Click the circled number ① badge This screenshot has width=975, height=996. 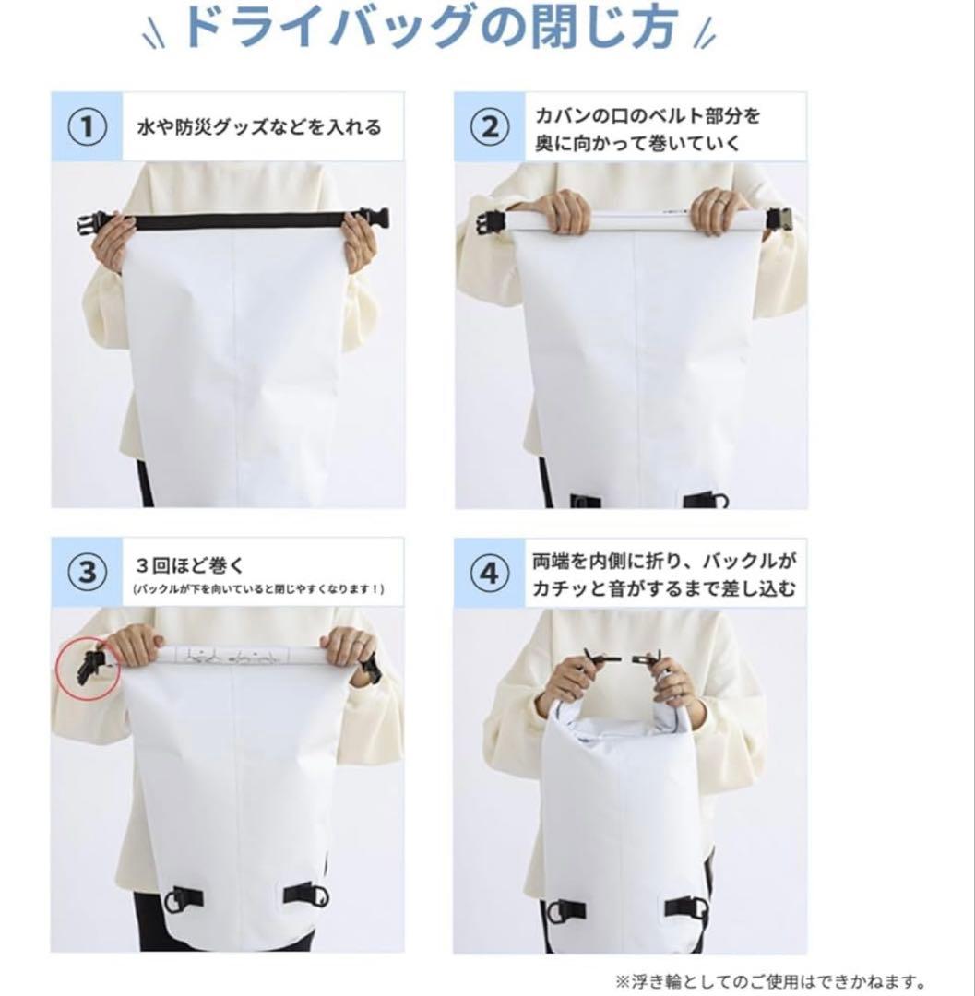pos(87,127)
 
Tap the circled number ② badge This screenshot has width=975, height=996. pos(490,127)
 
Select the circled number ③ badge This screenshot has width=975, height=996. pos(87,573)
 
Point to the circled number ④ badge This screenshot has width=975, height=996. pos(490,574)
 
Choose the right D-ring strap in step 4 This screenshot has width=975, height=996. pos(686,907)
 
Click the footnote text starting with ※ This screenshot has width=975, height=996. pos(768,980)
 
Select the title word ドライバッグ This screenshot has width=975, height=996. pos(329,27)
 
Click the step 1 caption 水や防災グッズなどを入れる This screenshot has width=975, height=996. pos(259,127)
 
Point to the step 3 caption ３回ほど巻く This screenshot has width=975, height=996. pos(190,564)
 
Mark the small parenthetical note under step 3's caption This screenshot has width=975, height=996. pos(258,589)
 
